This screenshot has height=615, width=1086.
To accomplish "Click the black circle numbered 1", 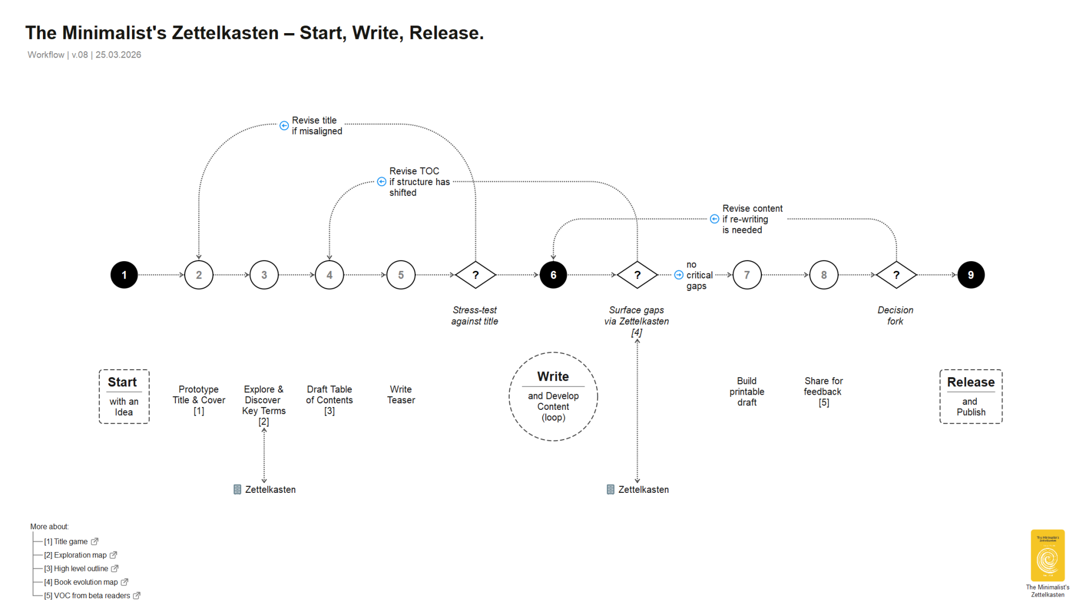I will point(124,275).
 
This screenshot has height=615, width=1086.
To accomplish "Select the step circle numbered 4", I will point(329,275).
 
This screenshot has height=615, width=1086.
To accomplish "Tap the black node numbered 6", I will point(553,275).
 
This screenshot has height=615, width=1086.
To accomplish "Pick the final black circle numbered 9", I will point(970,275).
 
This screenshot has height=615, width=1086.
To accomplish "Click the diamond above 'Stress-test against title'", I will point(475,275).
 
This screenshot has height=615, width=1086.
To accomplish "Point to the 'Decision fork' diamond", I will point(896,275).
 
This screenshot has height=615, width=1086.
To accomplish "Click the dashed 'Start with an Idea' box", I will point(124,396).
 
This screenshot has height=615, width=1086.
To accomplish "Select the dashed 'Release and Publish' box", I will point(970,396).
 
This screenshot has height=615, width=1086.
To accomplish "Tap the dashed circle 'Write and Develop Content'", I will point(553,396).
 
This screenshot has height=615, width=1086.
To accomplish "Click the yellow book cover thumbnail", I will point(1047,555).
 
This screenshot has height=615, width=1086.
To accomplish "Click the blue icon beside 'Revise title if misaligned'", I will point(284,126).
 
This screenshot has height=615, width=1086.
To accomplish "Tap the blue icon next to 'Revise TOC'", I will point(382,182).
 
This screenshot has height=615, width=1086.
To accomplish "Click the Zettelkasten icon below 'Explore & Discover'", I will point(237,490).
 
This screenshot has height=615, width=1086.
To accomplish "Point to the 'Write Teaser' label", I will point(401,395).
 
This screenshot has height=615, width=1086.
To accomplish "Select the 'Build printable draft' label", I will point(747,392).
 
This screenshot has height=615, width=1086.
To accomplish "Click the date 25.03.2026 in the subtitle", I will point(118,55).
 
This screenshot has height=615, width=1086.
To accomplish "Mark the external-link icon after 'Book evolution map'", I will point(124,582).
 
